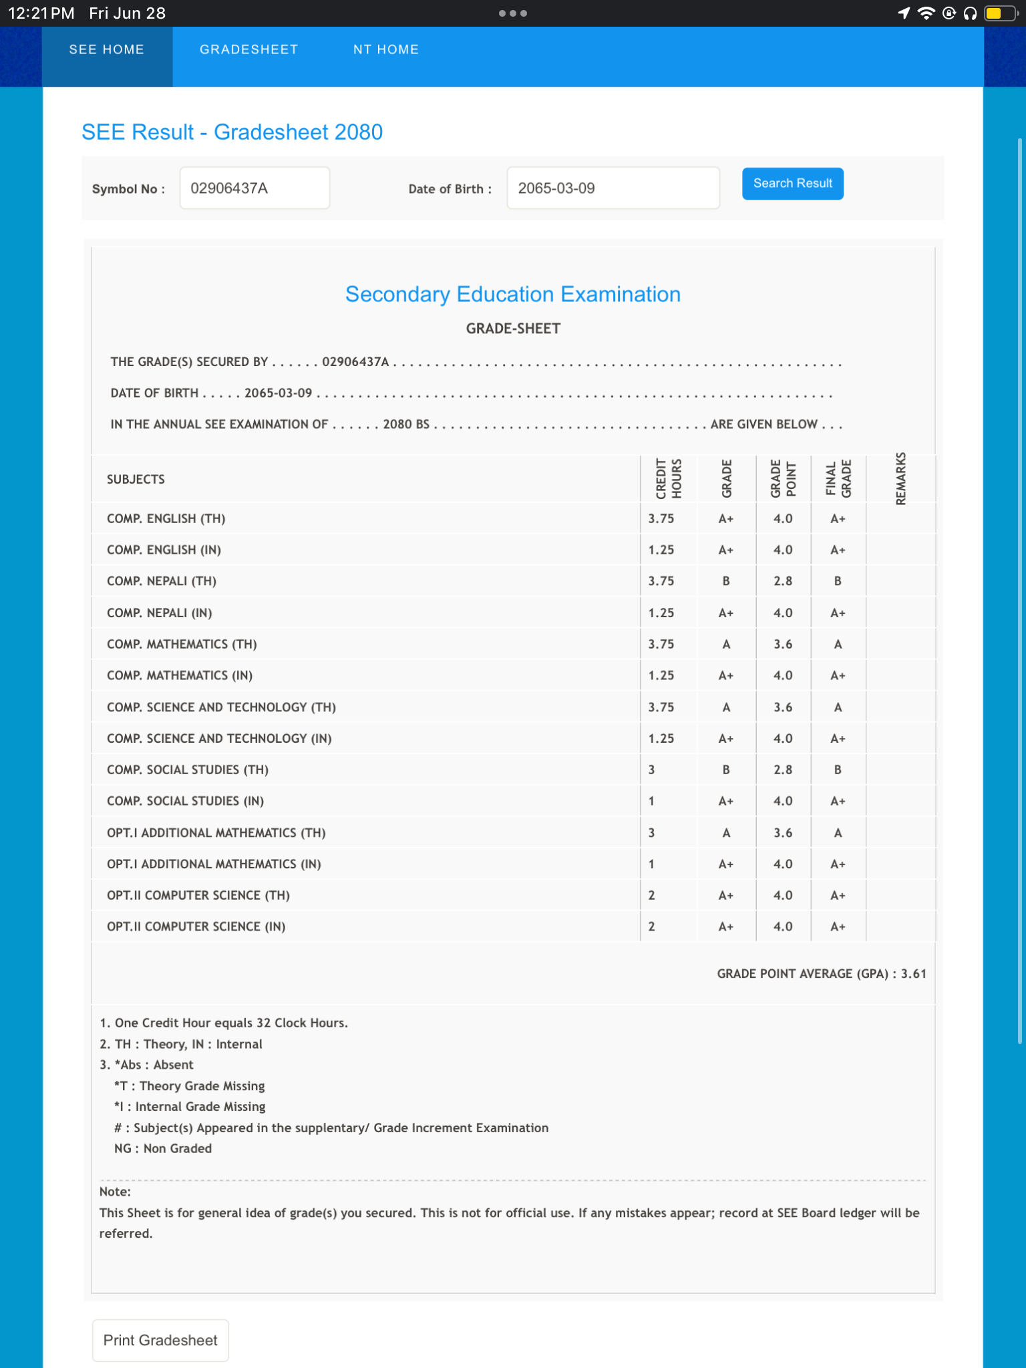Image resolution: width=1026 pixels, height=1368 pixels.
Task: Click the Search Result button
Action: click(792, 184)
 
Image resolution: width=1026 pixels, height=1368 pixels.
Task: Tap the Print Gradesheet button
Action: click(160, 1340)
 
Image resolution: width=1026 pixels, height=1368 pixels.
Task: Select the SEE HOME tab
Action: click(107, 49)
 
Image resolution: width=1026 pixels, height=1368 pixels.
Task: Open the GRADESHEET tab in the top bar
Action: click(248, 49)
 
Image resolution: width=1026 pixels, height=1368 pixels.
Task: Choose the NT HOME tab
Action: click(386, 49)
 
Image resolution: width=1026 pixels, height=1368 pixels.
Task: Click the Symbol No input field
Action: click(254, 188)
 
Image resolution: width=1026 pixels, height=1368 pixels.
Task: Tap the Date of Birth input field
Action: click(613, 188)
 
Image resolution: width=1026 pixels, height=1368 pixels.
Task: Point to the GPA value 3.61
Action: click(913, 974)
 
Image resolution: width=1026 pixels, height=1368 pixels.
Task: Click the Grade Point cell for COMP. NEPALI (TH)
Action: click(783, 581)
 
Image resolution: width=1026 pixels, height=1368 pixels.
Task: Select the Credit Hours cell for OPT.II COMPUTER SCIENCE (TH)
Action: click(652, 895)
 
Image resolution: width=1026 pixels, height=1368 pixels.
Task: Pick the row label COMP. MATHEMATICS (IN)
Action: click(180, 675)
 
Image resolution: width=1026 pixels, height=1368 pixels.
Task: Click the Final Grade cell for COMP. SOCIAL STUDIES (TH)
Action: click(838, 769)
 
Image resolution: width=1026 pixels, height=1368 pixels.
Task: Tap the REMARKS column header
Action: click(900, 478)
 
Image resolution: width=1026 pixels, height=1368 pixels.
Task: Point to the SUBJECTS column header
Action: click(136, 479)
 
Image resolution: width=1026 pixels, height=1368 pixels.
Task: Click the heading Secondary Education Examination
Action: click(512, 295)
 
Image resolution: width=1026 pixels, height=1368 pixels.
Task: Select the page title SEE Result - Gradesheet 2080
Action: click(232, 132)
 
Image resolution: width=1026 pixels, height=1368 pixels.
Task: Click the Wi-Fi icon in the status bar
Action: click(926, 13)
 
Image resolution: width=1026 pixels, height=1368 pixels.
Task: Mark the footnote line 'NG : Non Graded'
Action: click(163, 1148)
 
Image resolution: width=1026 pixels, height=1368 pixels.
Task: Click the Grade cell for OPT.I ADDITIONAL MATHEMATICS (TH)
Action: click(726, 832)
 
